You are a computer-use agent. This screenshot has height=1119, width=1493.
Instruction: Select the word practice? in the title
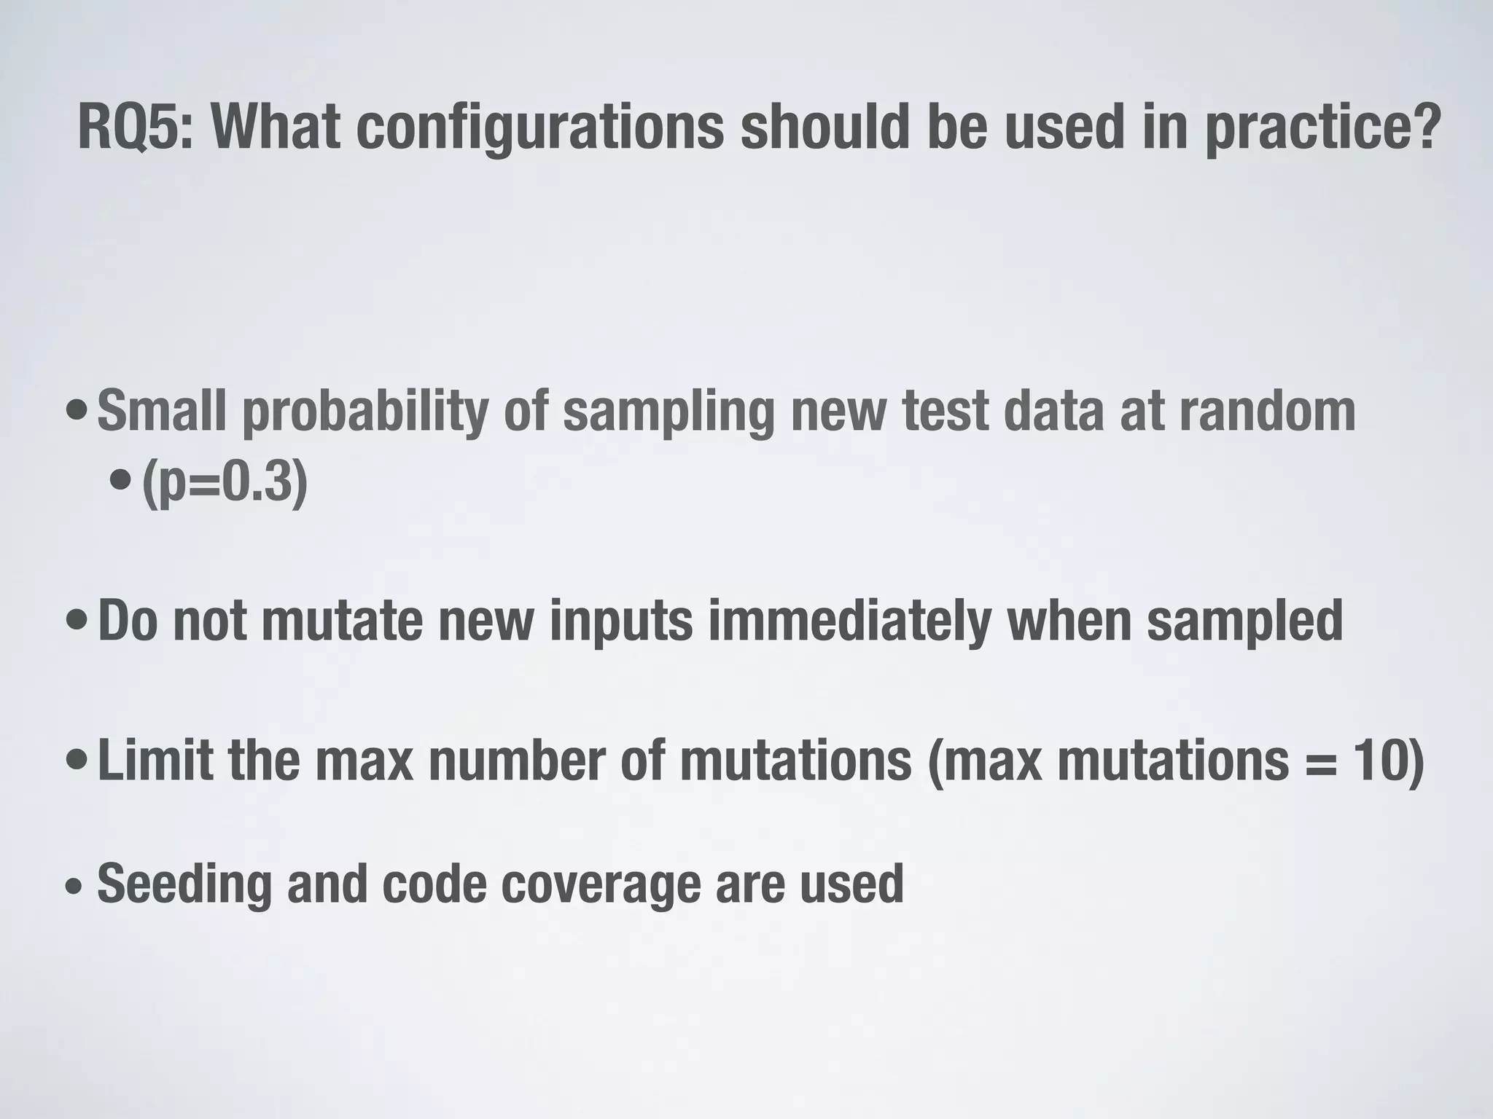click(1322, 130)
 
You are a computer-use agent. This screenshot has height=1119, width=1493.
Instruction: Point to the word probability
click(365, 412)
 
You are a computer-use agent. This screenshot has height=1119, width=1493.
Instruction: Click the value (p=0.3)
click(225, 483)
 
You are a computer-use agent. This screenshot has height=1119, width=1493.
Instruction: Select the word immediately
click(849, 621)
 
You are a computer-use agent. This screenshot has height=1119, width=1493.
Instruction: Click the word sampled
click(1244, 621)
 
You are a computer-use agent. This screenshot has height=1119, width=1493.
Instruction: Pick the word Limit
click(155, 760)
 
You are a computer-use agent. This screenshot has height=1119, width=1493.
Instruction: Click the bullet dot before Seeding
click(74, 887)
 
